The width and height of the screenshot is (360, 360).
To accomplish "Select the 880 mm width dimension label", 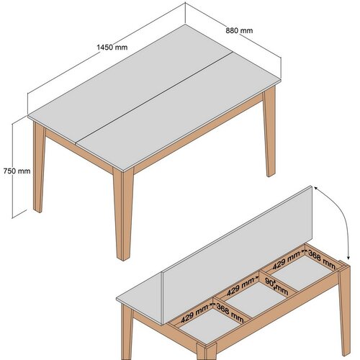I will [x=239, y=30].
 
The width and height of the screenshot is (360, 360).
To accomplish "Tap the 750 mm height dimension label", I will [x=15, y=171].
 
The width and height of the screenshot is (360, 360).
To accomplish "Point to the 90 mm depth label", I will [x=276, y=287].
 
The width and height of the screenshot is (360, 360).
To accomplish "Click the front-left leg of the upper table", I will [x=39, y=166].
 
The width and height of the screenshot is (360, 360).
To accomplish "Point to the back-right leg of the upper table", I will [x=270, y=137].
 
